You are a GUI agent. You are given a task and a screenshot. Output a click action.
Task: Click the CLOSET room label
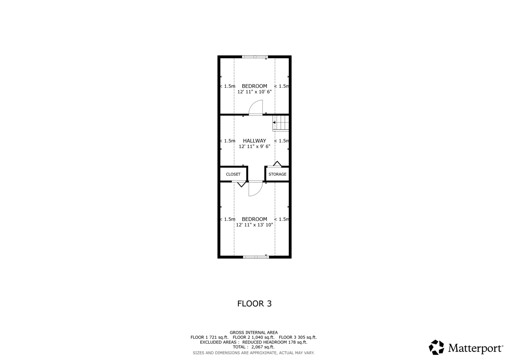[x=233, y=174]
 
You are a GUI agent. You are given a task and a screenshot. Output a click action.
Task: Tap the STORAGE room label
[x=277, y=174]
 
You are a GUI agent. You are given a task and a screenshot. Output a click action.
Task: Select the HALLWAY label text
[x=254, y=141]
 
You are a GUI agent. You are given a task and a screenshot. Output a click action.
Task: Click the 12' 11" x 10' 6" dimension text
[x=254, y=92]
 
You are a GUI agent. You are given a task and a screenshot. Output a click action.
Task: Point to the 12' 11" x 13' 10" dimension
[x=254, y=225]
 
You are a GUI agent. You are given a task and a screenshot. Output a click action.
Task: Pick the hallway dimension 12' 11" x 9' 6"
[x=254, y=146]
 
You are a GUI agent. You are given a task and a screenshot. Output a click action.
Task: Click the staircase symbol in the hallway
[x=281, y=123]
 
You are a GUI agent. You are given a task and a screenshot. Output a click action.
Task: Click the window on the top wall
[x=255, y=57]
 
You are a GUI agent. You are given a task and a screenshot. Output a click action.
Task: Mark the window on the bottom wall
[x=256, y=257]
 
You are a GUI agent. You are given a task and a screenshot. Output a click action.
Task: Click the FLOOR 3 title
[x=254, y=304]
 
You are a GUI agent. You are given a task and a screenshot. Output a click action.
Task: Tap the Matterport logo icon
[x=436, y=348]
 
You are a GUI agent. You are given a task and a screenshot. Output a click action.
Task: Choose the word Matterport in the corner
[x=476, y=348]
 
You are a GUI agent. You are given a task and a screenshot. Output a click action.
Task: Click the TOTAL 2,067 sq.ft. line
[x=253, y=347]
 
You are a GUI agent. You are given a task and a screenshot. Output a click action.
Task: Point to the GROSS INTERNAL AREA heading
[x=253, y=332]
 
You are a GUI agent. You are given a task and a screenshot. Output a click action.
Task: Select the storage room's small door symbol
[x=277, y=164]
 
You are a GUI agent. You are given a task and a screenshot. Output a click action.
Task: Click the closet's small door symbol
[x=241, y=183]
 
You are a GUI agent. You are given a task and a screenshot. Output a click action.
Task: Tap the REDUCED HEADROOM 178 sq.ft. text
[x=275, y=342]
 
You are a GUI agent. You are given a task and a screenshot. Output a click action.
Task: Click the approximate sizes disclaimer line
[x=253, y=353]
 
